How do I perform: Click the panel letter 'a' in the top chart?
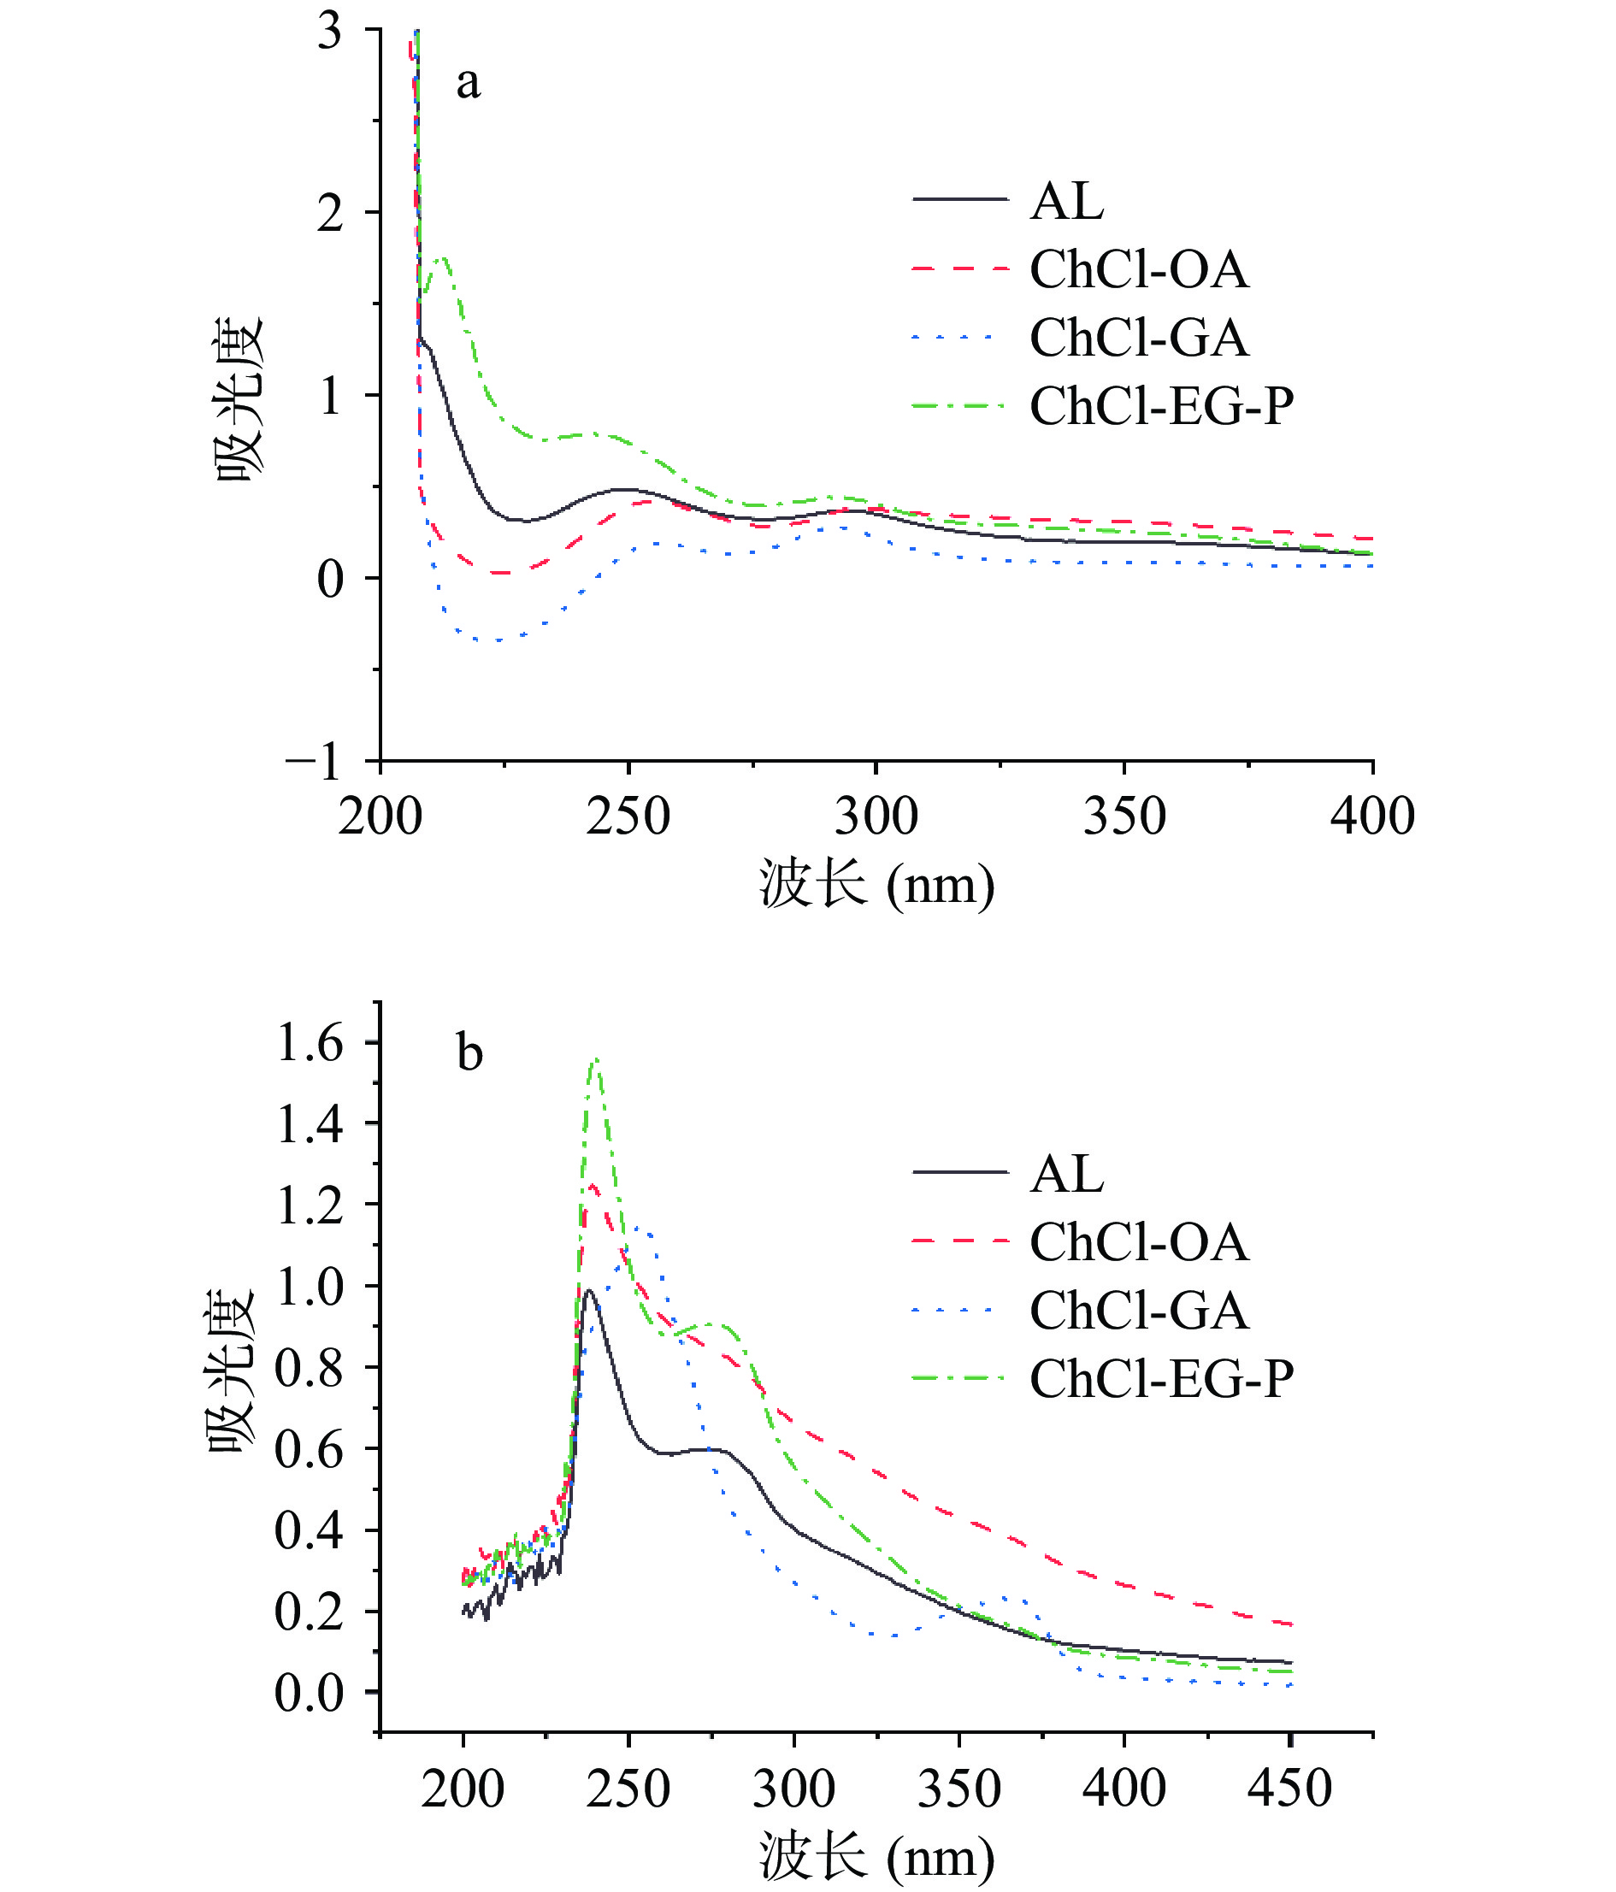(x=468, y=84)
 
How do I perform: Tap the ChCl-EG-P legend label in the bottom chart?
(x=1161, y=1379)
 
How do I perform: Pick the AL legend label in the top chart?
(x=1066, y=201)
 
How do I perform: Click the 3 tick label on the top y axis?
(x=329, y=31)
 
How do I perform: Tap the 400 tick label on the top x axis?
(x=1371, y=816)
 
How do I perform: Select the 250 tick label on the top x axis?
(x=628, y=816)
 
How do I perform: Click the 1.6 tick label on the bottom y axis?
(x=310, y=1043)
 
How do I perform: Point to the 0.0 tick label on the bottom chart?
(x=310, y=1692)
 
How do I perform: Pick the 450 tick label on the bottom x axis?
(x=1289, y=1788)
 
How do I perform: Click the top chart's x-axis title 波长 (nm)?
(x=876, y=884)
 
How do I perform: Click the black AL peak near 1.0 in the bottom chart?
(x=589, y=1290)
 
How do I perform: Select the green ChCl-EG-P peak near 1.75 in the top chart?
(x=443, y=258)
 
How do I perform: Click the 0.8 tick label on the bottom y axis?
(x=310, y=1368)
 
